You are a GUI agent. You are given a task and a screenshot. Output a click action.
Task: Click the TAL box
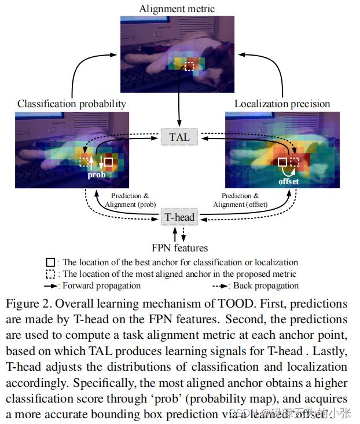179,137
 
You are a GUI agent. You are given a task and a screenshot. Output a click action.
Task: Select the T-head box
179,218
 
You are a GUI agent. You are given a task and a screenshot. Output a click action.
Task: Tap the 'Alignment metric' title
177,9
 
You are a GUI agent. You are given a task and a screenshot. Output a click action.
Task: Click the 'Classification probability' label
72,104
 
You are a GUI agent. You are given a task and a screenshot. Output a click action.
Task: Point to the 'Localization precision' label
282,104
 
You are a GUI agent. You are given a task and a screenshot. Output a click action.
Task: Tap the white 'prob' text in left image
97,174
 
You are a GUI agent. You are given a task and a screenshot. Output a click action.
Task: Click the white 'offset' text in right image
289,181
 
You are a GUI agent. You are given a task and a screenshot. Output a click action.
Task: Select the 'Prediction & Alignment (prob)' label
130,200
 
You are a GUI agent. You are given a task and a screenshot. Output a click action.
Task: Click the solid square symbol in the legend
50,262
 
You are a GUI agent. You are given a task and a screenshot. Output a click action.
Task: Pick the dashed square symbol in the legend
50,274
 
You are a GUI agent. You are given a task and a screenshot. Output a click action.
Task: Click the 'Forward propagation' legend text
101,286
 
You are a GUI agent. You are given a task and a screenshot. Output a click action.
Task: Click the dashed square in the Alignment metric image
189,67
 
